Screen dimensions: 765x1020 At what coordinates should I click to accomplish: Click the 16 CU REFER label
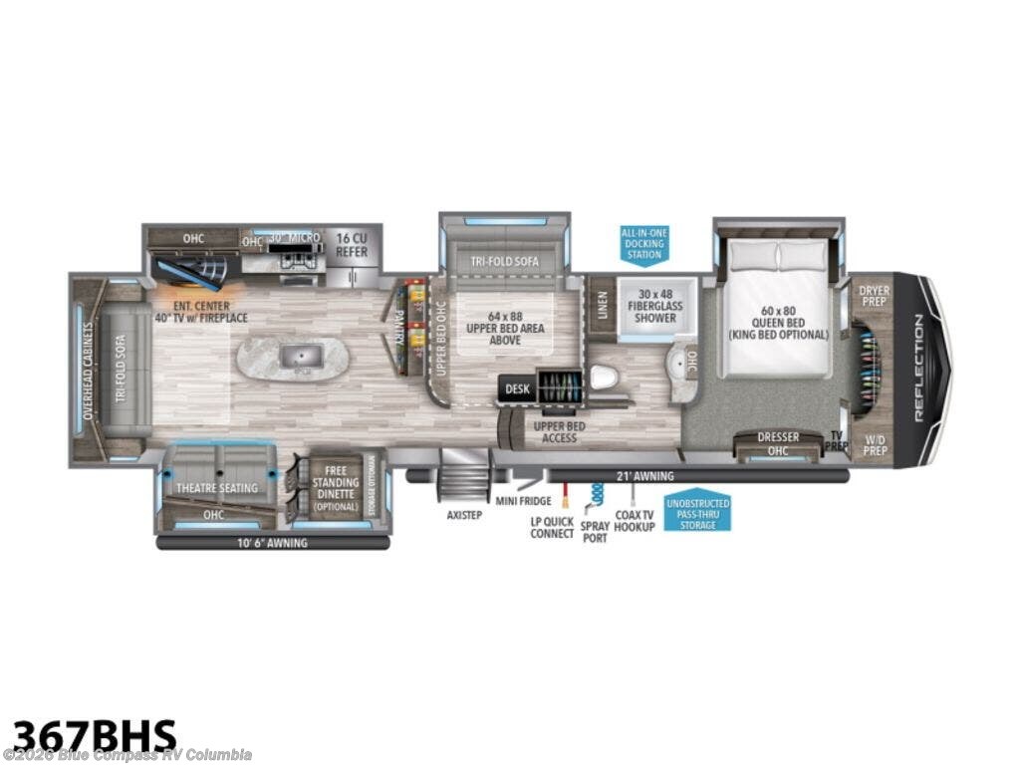[352, 244]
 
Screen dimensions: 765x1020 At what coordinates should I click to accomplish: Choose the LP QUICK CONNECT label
[551, 527]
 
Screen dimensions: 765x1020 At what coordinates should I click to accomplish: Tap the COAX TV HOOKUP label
[635, 520]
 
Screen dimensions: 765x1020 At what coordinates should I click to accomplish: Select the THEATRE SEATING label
[217, 488]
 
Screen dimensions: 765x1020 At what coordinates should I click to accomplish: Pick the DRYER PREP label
[874, 296]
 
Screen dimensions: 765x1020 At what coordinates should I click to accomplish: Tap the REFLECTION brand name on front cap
[916, 369]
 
